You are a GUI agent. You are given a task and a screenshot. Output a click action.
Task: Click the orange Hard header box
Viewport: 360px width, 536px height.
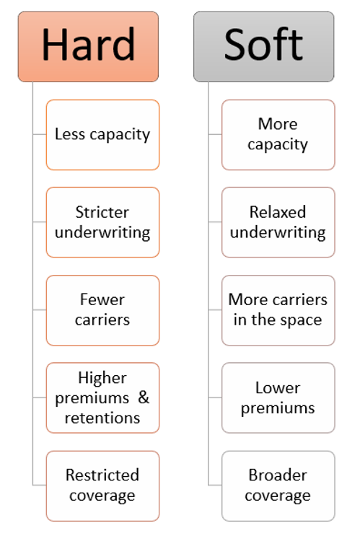[88, 46]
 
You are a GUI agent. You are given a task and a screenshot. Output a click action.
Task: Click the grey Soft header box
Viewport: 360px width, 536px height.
[263, 46]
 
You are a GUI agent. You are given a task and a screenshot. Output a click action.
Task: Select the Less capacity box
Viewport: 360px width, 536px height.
[102, 135]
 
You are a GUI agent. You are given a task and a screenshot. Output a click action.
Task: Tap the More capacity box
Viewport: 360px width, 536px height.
[278, 135]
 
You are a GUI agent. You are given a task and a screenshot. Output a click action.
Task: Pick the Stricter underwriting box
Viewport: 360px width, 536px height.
[102, 222]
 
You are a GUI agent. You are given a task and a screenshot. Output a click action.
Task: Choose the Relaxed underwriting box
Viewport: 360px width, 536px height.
[278, 222]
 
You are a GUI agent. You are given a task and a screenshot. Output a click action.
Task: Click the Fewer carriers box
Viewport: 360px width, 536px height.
[102, 310]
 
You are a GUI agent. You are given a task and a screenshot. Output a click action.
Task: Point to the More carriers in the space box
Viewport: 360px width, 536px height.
[278, 310]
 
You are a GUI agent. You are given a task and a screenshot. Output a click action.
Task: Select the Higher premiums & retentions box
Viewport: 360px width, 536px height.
[102, 397]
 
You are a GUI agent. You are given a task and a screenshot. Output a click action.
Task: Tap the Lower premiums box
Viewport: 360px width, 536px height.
[278, 397]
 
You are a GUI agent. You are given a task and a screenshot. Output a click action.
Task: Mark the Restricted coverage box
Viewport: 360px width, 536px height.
[102, 486]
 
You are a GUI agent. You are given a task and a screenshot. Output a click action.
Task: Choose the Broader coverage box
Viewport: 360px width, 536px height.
[278, 486]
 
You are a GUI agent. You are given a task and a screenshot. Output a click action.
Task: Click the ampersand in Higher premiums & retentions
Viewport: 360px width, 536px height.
[144, 397]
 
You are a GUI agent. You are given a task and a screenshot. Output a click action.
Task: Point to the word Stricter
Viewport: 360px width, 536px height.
[102, 212]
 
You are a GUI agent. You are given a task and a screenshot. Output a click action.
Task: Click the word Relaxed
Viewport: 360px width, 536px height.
[278, 212]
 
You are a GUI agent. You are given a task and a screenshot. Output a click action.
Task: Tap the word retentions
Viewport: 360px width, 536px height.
[102, 418]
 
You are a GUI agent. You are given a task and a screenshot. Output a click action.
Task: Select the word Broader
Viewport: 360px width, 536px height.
[278, 475]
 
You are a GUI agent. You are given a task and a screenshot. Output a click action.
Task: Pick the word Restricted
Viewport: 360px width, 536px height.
[102, 475]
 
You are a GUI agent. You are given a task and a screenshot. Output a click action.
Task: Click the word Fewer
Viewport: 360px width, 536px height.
[102, 300]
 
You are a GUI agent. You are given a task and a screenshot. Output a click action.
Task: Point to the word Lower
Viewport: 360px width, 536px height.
[278, 388]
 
